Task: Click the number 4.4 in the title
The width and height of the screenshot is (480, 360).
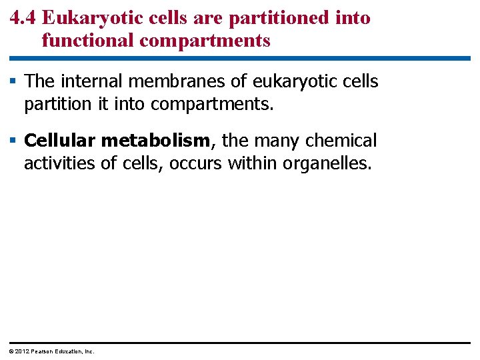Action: [23, 18]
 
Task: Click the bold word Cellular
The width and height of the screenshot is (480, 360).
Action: [60, 141]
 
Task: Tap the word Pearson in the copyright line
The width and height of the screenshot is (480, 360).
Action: [43, 351]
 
